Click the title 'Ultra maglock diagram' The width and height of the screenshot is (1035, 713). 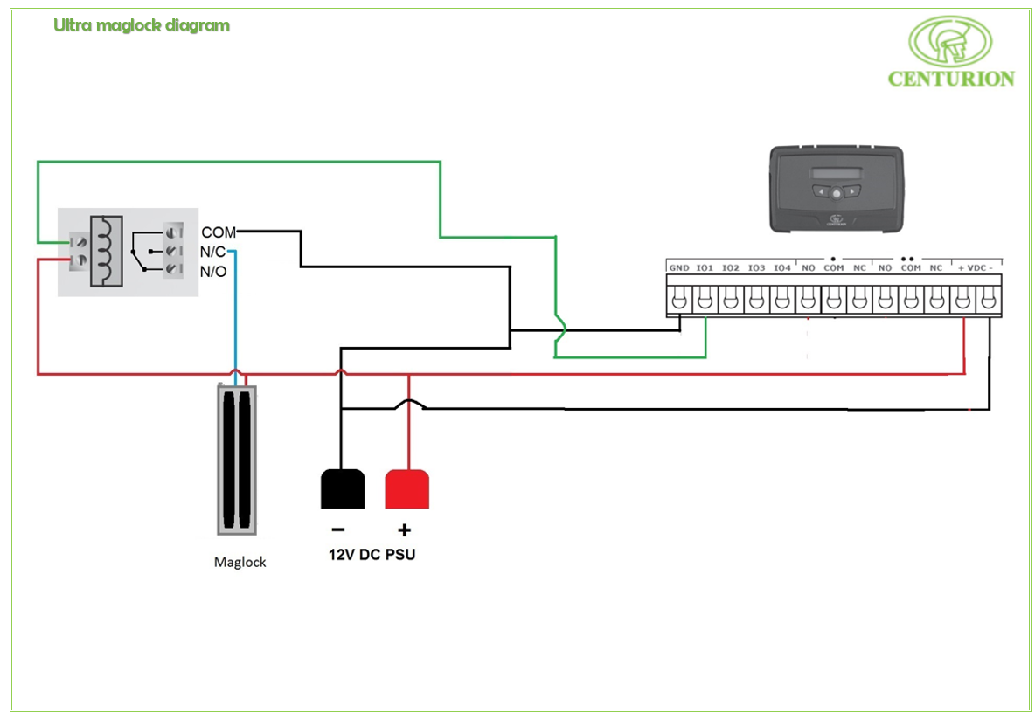[x=142, y=25]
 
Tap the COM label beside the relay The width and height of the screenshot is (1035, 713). [x=219, y=233]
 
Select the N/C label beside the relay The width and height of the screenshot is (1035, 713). [x=213, y=253]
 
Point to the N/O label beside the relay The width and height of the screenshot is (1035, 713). [x=213, y=272]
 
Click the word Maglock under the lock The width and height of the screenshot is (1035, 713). [x=240, y=562]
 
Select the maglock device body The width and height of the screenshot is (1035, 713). [x=238, y=460]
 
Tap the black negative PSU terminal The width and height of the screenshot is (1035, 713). [x=343, y=488]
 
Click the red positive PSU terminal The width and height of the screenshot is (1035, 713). [x=407, y=488]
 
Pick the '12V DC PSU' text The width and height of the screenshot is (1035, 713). [x=372, y=555]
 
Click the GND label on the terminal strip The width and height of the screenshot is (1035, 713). [x=679, y=267]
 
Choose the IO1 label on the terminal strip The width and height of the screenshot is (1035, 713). [x=705, y=267]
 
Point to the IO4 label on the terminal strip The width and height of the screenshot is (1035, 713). [x=782, y=267]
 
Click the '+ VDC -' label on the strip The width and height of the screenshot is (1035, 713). [x=976, y=267]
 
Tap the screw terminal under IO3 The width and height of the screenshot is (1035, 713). [x=757, y=300]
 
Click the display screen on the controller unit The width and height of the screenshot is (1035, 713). [x=835, y=172]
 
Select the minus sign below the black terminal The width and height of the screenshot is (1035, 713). [x=337, y=530]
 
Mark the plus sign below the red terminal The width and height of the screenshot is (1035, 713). [x=404, y=530]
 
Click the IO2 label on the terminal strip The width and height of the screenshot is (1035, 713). [x=731, y=267]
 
